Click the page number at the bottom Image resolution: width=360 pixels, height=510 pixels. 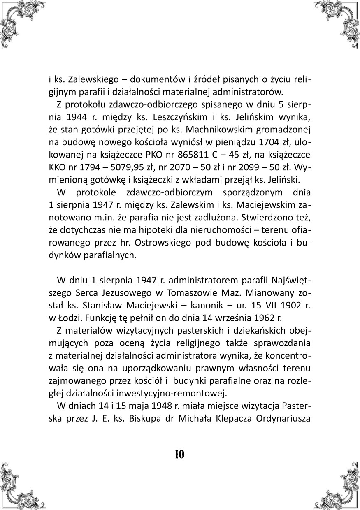[180, 454]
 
